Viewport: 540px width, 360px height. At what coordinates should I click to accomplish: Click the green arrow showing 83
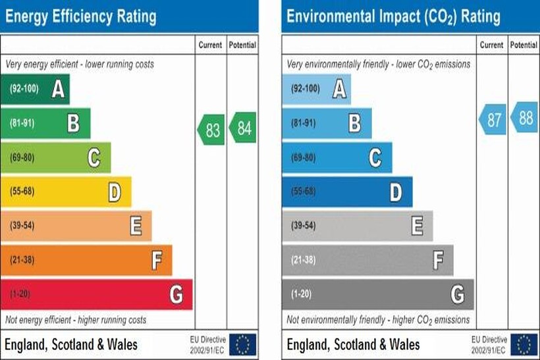(x=211, y=128)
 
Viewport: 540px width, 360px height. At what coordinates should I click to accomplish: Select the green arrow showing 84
(x=243, y=128)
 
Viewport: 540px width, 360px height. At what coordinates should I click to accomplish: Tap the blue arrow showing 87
(x=493, y=119)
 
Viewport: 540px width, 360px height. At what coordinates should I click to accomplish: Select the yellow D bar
(x=66, y=192)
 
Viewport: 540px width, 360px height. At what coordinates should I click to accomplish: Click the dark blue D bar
(x=347, y=192)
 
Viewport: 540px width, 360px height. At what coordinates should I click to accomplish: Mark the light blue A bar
(x=316, y=90)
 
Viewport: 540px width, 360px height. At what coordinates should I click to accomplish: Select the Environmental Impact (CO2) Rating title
(x=393, y=16)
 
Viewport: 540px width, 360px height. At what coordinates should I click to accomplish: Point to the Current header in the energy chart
(x=210, y=45)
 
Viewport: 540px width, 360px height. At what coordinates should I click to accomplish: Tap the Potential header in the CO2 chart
(x=524, y=45)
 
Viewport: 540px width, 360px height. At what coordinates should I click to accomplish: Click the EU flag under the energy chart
(x=243, y=344)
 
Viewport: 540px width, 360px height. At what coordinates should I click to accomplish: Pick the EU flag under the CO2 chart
(x=524, y=344)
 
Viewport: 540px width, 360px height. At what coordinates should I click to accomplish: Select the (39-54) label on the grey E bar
(x=304, y=226)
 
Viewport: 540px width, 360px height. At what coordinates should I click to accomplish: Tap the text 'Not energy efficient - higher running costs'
(x=76, y=320)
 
